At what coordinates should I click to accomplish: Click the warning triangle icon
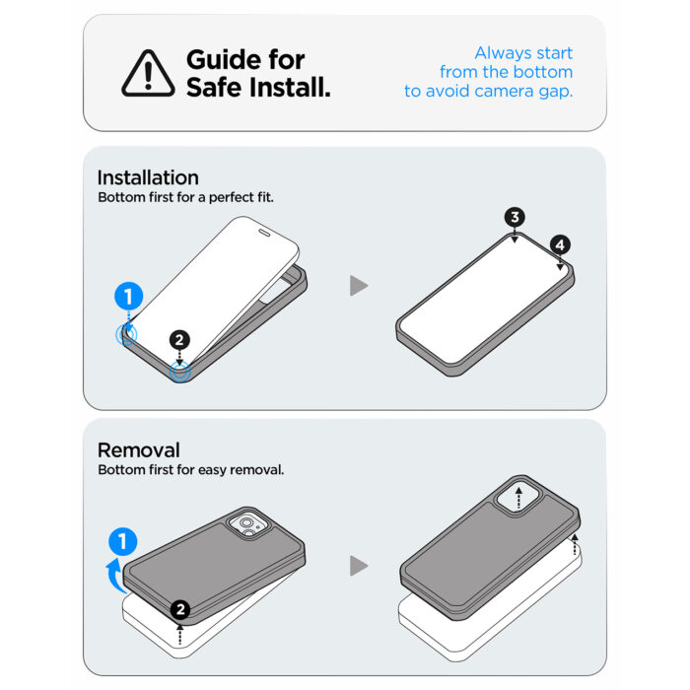pos(148,74)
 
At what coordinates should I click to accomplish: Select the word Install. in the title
pos(290,87)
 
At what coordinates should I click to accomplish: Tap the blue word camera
pos(504,92)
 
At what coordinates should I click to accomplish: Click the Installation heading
pos(148,177)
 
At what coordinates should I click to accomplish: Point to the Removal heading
pos(139,450)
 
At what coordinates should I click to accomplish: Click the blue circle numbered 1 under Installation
pos(128,296)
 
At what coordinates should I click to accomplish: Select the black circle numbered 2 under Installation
pos(179,340)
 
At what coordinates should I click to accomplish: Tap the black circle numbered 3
pos(515,217)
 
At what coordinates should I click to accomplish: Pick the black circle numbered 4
pos(560,244)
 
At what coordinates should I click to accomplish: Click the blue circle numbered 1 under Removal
pos(123,541)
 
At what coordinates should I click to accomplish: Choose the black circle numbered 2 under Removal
pos(180,610)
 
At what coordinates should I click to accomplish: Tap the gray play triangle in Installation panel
pos(358,286)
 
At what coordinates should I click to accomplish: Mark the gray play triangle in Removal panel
pos(358,566)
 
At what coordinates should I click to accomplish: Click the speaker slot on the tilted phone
pos(264,233)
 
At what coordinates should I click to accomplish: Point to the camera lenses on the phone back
pos(246,525)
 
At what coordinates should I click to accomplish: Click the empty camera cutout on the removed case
pos(517,497)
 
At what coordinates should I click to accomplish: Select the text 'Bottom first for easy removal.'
pos(191,470)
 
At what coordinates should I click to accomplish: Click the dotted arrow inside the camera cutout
pos(518,498)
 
